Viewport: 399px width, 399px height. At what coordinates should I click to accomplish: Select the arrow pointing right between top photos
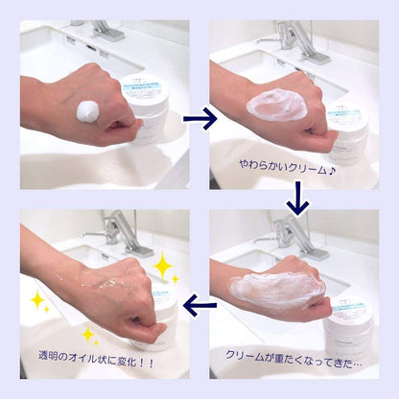(x=199, y=118)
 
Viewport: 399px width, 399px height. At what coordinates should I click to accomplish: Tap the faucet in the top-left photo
(x=101, y=31)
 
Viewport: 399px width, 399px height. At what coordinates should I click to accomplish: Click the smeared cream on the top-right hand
(x=278, y=106)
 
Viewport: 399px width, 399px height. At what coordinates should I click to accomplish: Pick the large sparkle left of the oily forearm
(x=38, y=302)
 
